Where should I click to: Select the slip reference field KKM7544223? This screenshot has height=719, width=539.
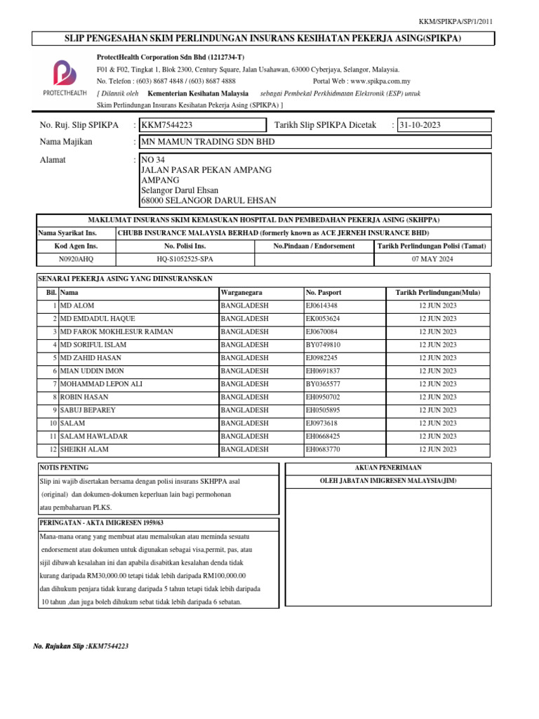click(167, 125)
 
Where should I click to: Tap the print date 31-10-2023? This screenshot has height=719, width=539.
click(420, 125)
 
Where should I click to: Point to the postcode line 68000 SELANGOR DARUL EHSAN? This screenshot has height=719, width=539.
click(208, 200)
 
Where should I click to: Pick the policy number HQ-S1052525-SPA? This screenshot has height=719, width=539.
click(185, 259)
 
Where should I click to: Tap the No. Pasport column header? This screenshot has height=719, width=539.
click(322, 291)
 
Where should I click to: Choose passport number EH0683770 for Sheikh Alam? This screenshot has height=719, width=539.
click(322, 449)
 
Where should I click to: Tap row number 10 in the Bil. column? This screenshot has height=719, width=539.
click(52, 423)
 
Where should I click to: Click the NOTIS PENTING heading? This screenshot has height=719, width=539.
click(64, 467)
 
